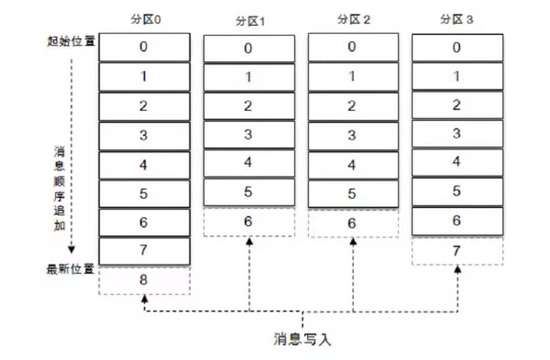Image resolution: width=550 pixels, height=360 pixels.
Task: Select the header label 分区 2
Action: pyautogui.click(x=353, y=20)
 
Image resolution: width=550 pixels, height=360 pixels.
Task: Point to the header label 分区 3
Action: pyautogui.click(x=456, y=20)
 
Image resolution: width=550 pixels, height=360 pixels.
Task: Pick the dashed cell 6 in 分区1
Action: pyautogui.click(x=249, y=221)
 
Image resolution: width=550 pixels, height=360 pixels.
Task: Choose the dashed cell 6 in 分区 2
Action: pyautogui.click(x=353, y=224)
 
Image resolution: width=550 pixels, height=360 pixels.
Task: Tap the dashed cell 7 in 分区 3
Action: pyautogui.click(x=457, y=250)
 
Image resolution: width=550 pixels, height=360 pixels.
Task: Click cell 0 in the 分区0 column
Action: pyautogui.click(x=144, y=47)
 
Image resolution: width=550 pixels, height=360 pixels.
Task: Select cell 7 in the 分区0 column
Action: pyautogui.click(x=144, y=251)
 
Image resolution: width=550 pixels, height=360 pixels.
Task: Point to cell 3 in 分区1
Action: pyautogui.click(x=249, y=134)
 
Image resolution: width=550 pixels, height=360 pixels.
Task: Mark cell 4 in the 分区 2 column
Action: pyautogui.click(x=353, y=165)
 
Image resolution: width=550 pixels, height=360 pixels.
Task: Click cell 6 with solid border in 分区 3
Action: pyautogui.click(x=457, y=220)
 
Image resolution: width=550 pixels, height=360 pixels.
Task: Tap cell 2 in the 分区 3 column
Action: pyautogui.click(x=457, y=105)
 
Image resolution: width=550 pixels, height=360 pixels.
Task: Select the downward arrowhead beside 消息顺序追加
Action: pyautogui.click(x=72, y=250)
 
